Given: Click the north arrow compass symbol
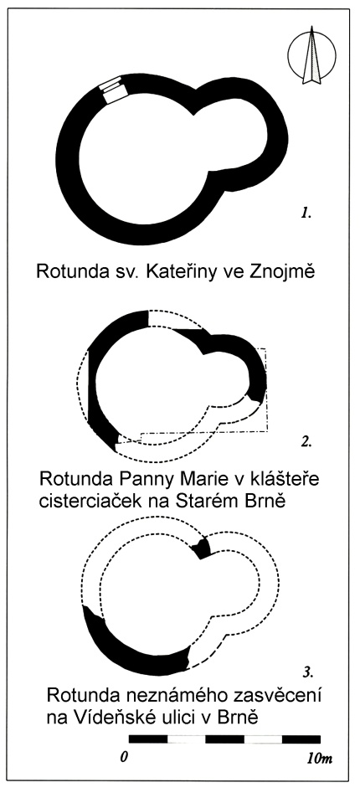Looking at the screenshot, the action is tap(311, 55).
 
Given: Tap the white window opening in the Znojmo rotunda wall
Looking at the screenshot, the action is tap(113, 90).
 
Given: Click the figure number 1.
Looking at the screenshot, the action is tap(305, 214).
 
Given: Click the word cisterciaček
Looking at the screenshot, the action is tap(92, 500).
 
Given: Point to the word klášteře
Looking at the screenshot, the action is tap(282, 477).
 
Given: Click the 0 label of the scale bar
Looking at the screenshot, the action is tap(123, 759).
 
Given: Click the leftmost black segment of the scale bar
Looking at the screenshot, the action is tap(148, 739).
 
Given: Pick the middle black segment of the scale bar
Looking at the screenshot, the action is tap(225, 739).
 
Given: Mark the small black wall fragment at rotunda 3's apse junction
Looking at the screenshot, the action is tap(203, 548).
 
